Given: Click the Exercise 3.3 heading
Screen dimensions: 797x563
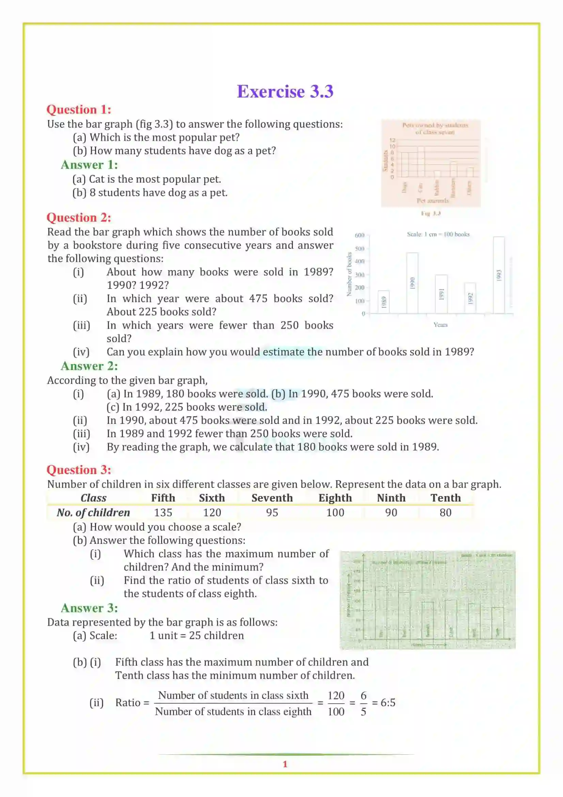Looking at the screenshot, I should tap(285, 92).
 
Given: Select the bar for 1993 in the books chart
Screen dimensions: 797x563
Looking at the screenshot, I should tap(499, 275).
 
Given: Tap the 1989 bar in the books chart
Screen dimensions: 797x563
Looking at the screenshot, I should tap(383, 302).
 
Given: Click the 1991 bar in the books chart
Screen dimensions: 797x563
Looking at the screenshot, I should tap(441, 294).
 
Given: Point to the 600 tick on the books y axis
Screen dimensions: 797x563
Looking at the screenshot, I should tap(359, 235).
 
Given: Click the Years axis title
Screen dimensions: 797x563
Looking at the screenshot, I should tap(440, 325).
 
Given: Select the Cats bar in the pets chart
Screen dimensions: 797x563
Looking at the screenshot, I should tap(421, 162).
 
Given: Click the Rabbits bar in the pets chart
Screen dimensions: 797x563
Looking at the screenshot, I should tap(437, 174).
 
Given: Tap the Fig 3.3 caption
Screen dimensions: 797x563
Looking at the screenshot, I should tap(431, 213).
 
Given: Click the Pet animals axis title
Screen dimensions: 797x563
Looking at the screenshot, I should tap(432, 201).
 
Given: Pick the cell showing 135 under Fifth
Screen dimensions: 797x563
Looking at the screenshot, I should tap(163, 512).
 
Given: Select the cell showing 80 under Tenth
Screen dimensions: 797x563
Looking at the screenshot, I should tap(445, 512).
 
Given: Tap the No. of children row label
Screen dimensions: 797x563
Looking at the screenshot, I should tap(93, 512).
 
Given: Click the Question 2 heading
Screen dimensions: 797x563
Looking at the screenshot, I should tap(79, 218).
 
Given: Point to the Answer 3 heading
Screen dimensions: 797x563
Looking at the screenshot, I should tap(89, 608).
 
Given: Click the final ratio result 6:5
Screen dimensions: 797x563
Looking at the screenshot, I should tap(388, 703).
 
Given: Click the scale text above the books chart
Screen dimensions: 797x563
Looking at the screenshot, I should tap(438, 234).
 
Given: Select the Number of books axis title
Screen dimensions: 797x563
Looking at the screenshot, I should tap(349, 274).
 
